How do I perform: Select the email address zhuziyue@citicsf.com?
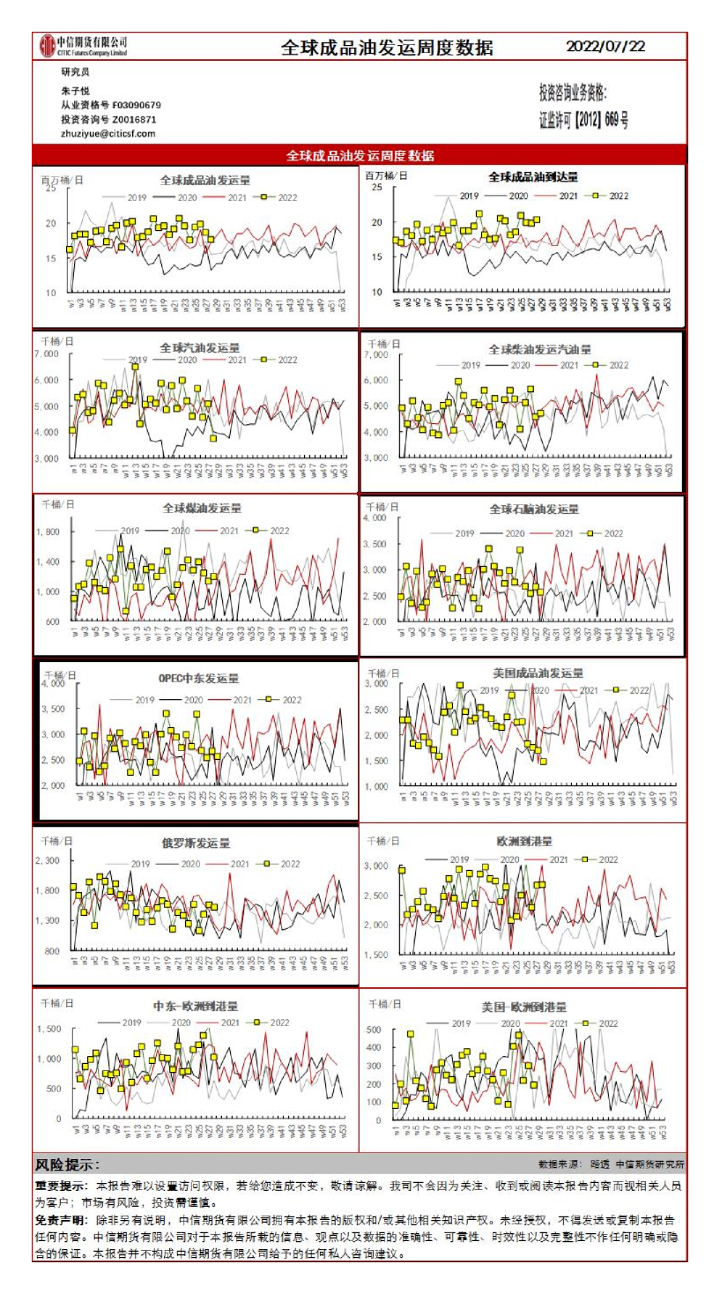tap(108, 133)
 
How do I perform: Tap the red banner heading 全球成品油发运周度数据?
tap(360, 155)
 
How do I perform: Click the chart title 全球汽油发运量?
tap(199, 347)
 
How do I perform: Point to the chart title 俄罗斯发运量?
tap(196, 843)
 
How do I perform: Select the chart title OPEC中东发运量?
tap(199, 679)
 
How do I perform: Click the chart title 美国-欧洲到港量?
tap(524, 1007)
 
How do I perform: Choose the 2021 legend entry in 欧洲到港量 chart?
tap(558, 859)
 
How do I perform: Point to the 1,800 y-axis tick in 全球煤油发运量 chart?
tap(48, 532)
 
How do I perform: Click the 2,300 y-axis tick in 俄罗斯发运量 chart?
tap(48, 860)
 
